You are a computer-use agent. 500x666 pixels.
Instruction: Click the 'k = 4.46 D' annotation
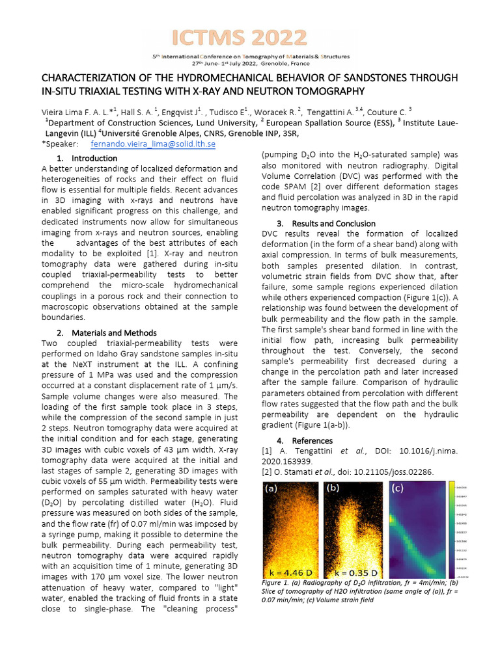(x=291, y=572)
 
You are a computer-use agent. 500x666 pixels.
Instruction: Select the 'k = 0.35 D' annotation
(x=354, y=572)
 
